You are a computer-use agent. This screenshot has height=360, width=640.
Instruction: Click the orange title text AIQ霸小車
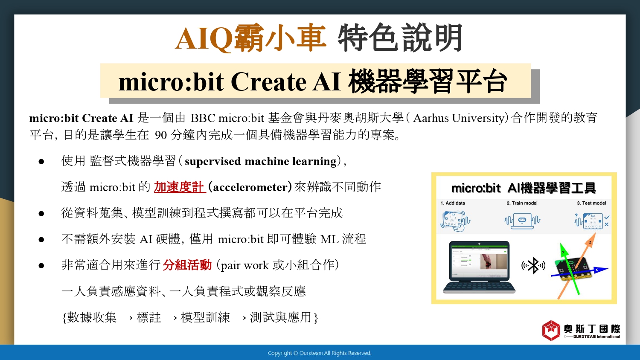click(x=250, y=38)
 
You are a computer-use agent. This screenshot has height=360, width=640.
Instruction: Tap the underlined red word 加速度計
click(x=180, y=187)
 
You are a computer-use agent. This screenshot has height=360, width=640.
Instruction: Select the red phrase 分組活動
click(x=187, y=265)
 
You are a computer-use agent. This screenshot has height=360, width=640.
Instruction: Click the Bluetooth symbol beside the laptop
click(x=533, y=266)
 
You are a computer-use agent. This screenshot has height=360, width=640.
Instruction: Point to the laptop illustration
click(x=479, y=267)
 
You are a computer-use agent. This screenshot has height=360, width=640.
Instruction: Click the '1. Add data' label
click(x=453, y=203)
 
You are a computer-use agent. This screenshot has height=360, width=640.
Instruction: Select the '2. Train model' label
click(x=522, y=203)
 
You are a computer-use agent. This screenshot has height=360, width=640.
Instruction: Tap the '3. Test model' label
click(x=591, y=203)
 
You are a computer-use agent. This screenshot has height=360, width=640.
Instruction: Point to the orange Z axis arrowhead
click(x=593, y=238)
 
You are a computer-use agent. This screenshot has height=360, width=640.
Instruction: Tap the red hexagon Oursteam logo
click(x=551, y=331)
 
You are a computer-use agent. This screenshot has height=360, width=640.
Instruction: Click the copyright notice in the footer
click(x=320, y=353)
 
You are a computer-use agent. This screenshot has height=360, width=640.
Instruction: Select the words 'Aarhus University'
click(x=459, y=118)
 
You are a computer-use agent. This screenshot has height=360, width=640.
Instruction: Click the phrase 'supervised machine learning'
click(x=261, y=161)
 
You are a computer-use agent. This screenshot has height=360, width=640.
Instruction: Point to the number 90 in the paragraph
click(x=161, y=135)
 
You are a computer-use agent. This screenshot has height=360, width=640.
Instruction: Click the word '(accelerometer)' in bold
click(x=250, y=187)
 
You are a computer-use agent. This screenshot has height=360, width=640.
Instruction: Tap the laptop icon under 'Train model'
click(x=522, y=221)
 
